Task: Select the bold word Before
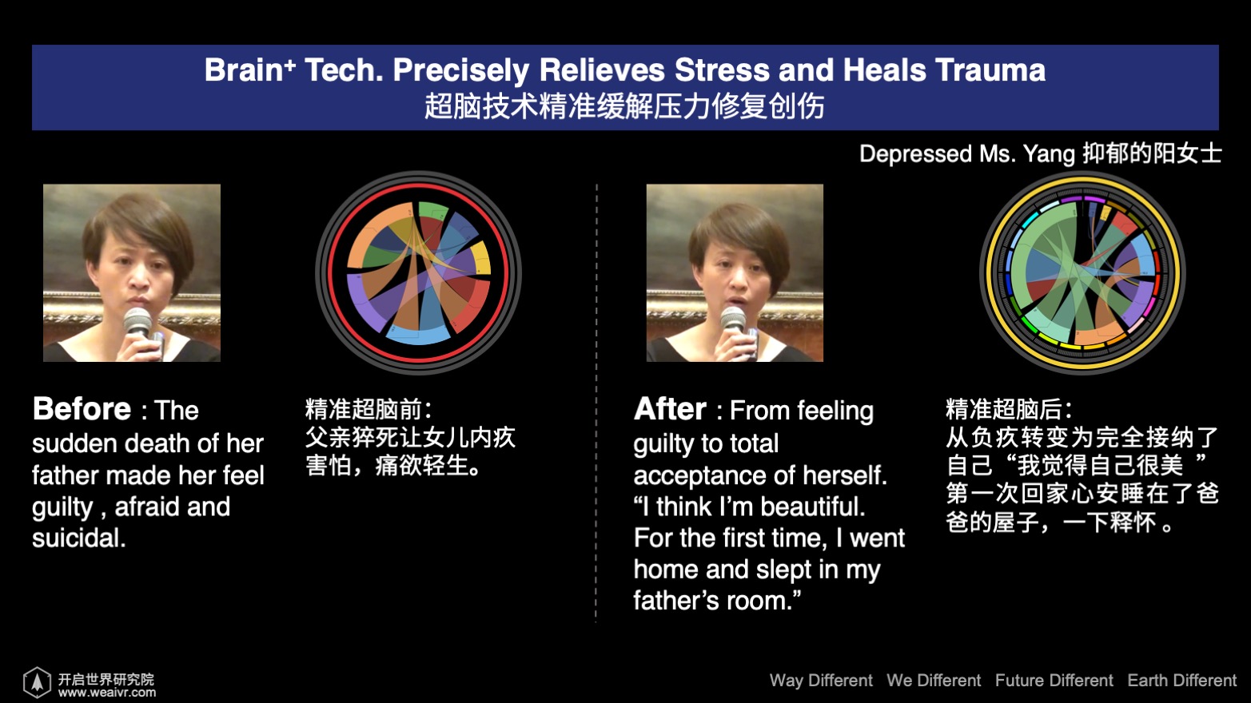coord(82,409)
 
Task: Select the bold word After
coord(670,409)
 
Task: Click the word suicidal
coord(79,538)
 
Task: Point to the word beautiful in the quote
coord(813,506)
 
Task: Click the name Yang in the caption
coord(1049,154)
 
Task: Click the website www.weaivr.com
coord(107,693)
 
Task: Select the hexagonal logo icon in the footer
coord(37,682)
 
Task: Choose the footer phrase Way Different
coord(821,681)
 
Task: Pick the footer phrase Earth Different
coord(1181,681)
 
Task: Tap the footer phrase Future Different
coord(1054,681)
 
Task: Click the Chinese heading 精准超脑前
coord(364,410)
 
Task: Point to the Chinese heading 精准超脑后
coord(1004,410)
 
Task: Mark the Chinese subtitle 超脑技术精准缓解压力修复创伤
coord(624,106)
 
